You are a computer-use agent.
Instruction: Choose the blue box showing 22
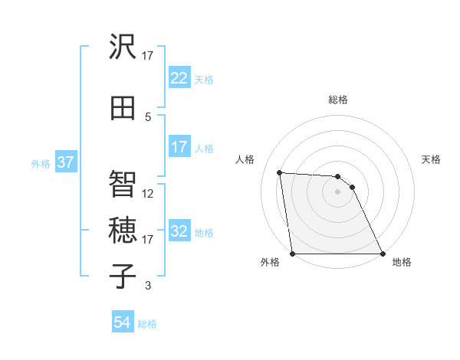[179, 78]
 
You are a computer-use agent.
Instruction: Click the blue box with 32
[179, 232]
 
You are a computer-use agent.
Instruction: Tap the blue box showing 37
[66, 163]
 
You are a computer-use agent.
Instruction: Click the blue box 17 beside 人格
[179, 147]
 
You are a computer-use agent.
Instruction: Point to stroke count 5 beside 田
[148, 116]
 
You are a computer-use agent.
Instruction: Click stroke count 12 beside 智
[148, 194]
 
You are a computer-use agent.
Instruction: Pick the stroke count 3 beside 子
[148, 286]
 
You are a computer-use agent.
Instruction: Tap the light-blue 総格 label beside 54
[147, 324]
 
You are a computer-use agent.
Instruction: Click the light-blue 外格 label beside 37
[41, 164]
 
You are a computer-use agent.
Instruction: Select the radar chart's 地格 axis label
[402, 262]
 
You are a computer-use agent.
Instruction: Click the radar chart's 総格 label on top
[337, 100]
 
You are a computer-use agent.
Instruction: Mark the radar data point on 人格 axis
[280, 172]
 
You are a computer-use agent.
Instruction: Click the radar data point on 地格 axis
[382, 254]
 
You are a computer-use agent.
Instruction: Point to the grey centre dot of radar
[337, 191]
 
